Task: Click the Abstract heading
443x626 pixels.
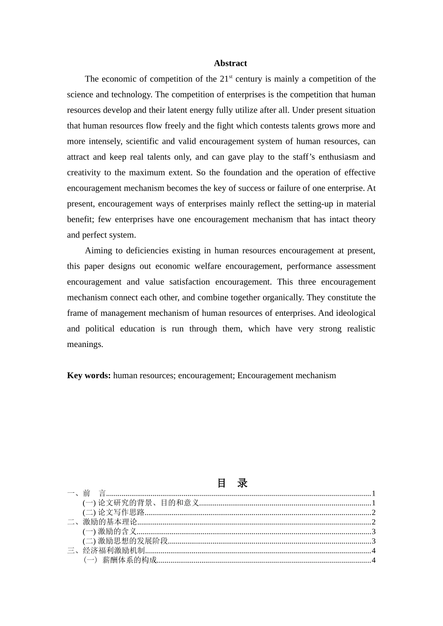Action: pyautogui.click(x=230, y=63)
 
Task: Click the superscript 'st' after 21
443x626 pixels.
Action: pyautogui.click(x=231, y=76)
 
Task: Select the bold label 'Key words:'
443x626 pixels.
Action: pyautogui.click(x=89, y=375)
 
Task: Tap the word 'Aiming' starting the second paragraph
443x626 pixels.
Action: pyautogui.click(x=98, y=251)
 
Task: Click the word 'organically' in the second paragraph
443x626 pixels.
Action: pyautogui.click(x=280, y=298)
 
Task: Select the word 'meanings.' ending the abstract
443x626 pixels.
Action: pyautogui.click(x=85, y=344)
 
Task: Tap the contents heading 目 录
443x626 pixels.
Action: pyautogui.click(x=232, y=483)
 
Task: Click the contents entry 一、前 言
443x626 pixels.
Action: pyautogui.click(x=87, y=493)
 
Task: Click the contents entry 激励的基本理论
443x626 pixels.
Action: pyautogui.click(x=110, y=522)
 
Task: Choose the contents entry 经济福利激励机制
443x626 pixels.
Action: pyautogui.click(x=114, y=551)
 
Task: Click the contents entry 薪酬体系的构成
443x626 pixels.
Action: pyautogui.click(x=129, y=560)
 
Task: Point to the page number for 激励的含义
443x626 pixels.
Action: pyautogui.click(x=374, y=531)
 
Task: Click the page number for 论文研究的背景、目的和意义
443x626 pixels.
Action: pyautogui.click(x=374, y=503)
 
